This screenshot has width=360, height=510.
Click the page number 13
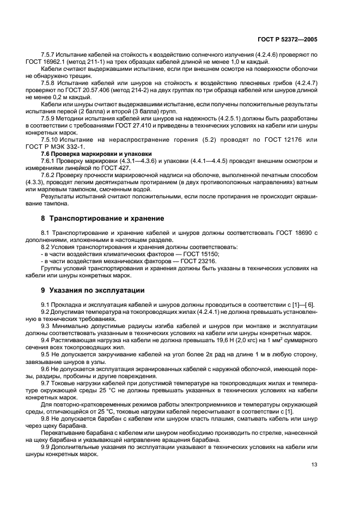tap(314, 464)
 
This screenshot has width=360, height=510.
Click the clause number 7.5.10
tap(51, 139)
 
